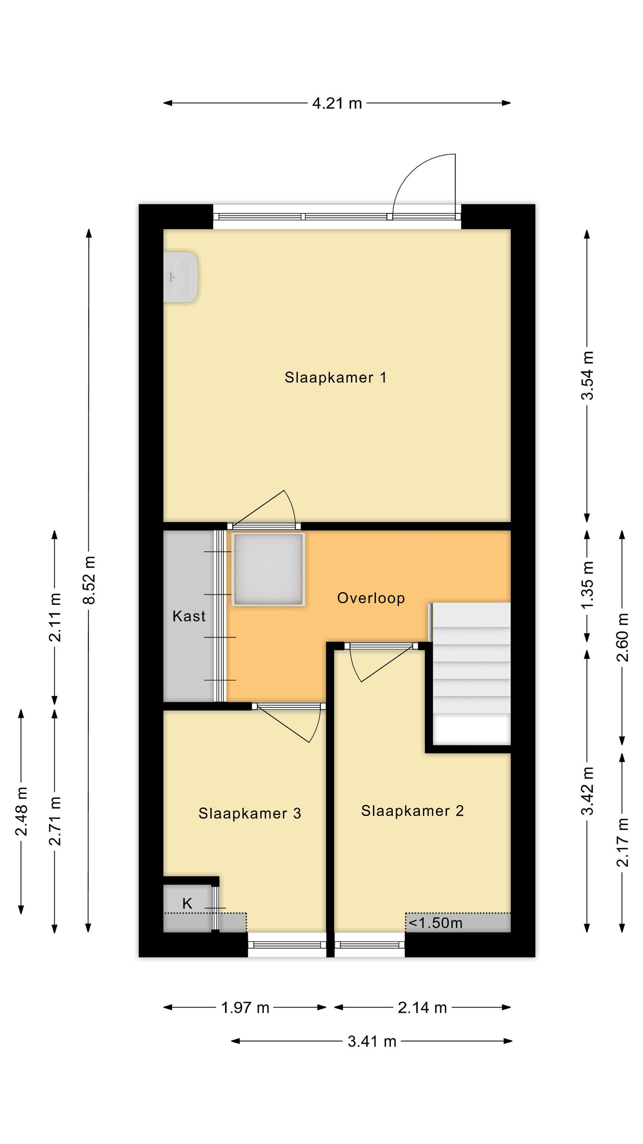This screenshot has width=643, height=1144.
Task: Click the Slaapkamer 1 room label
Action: pos(336,378)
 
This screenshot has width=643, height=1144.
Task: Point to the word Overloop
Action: pos(371,598)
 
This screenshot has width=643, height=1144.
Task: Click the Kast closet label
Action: pos(189,616)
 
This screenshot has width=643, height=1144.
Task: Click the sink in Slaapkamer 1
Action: pos(180,278)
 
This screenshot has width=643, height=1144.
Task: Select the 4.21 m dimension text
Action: pos(337,103)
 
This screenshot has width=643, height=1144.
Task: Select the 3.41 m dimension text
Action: pos(372,1041)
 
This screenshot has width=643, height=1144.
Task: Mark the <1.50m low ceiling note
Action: pos(435,923)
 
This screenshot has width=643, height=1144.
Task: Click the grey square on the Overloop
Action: pos(268,569)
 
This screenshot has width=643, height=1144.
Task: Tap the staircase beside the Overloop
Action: pos(471,673)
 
